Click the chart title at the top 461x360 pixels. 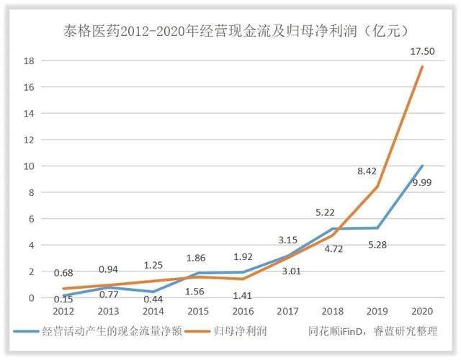[x=231, y=30]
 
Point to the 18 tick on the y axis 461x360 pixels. [x=29, y=60]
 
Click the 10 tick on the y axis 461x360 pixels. [x=29, y=166]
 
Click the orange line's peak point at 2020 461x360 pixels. [x=422, y=67]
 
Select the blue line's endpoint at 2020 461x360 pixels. [x=422, y=166]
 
